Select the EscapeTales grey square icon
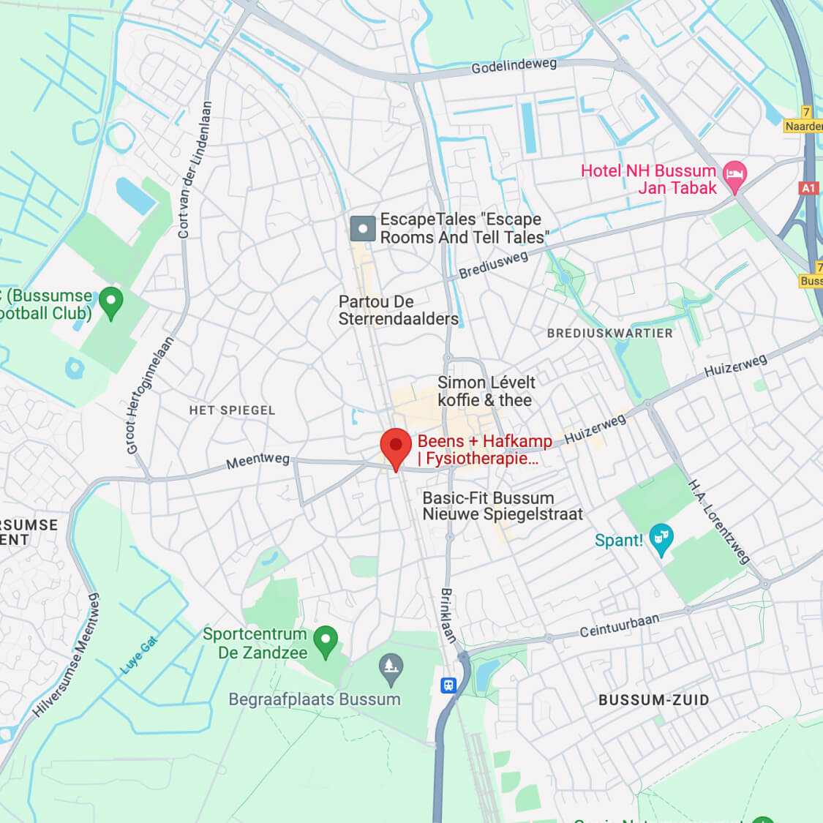[363, 228]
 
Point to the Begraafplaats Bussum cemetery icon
[391, 669]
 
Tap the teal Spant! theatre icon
[661, 539]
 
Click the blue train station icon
[448, 685]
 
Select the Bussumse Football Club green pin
[111, 302]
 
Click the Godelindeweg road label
[514, 66]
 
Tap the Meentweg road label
[258, 462]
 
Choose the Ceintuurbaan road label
[619, 625]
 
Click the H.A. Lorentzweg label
[718, 522]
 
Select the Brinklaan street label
[448, 615]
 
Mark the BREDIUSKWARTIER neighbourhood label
[609, 334]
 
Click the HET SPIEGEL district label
[232, 410]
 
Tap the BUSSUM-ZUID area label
[653, 700]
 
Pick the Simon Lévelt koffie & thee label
[486, 391]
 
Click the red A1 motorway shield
[808, 188]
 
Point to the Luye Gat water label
[139, 655]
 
